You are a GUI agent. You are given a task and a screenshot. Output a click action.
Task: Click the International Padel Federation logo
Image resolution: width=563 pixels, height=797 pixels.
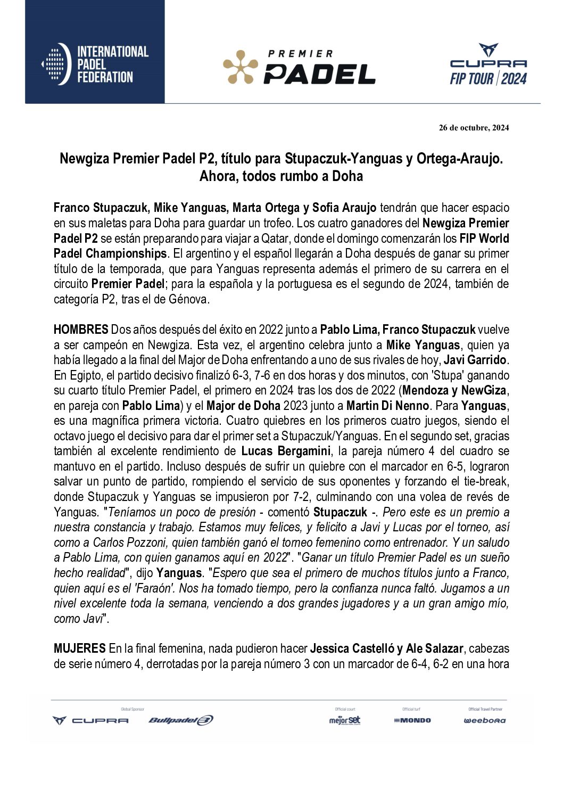click(95, 64)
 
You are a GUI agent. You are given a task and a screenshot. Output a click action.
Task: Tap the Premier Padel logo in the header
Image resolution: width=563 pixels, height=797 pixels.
click(299, 68)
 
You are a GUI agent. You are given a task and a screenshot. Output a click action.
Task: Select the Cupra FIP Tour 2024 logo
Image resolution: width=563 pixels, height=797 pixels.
click(488, 65)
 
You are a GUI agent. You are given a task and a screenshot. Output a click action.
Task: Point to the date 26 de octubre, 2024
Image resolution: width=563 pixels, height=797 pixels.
click(474, 128)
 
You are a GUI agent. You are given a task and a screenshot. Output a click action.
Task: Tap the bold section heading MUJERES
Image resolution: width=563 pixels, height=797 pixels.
click(80, 648)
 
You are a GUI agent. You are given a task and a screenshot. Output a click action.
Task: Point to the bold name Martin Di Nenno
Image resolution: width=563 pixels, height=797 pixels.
click(387, 406)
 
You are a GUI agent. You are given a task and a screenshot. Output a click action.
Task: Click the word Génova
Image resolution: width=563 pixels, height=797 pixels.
click(187, 299)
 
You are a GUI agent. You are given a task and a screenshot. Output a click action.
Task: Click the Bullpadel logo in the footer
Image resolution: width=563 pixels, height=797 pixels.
click(181, 720)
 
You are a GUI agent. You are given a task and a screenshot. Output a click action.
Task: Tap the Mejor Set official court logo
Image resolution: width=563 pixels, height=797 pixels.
click(345, 720)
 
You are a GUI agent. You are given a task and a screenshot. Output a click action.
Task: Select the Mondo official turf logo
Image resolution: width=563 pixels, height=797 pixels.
click(412, 720)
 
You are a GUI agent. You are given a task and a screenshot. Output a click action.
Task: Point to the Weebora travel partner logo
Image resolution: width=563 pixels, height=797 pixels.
click(485, 720)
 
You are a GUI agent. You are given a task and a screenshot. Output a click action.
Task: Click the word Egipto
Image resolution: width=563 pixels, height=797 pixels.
click(85, 375)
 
